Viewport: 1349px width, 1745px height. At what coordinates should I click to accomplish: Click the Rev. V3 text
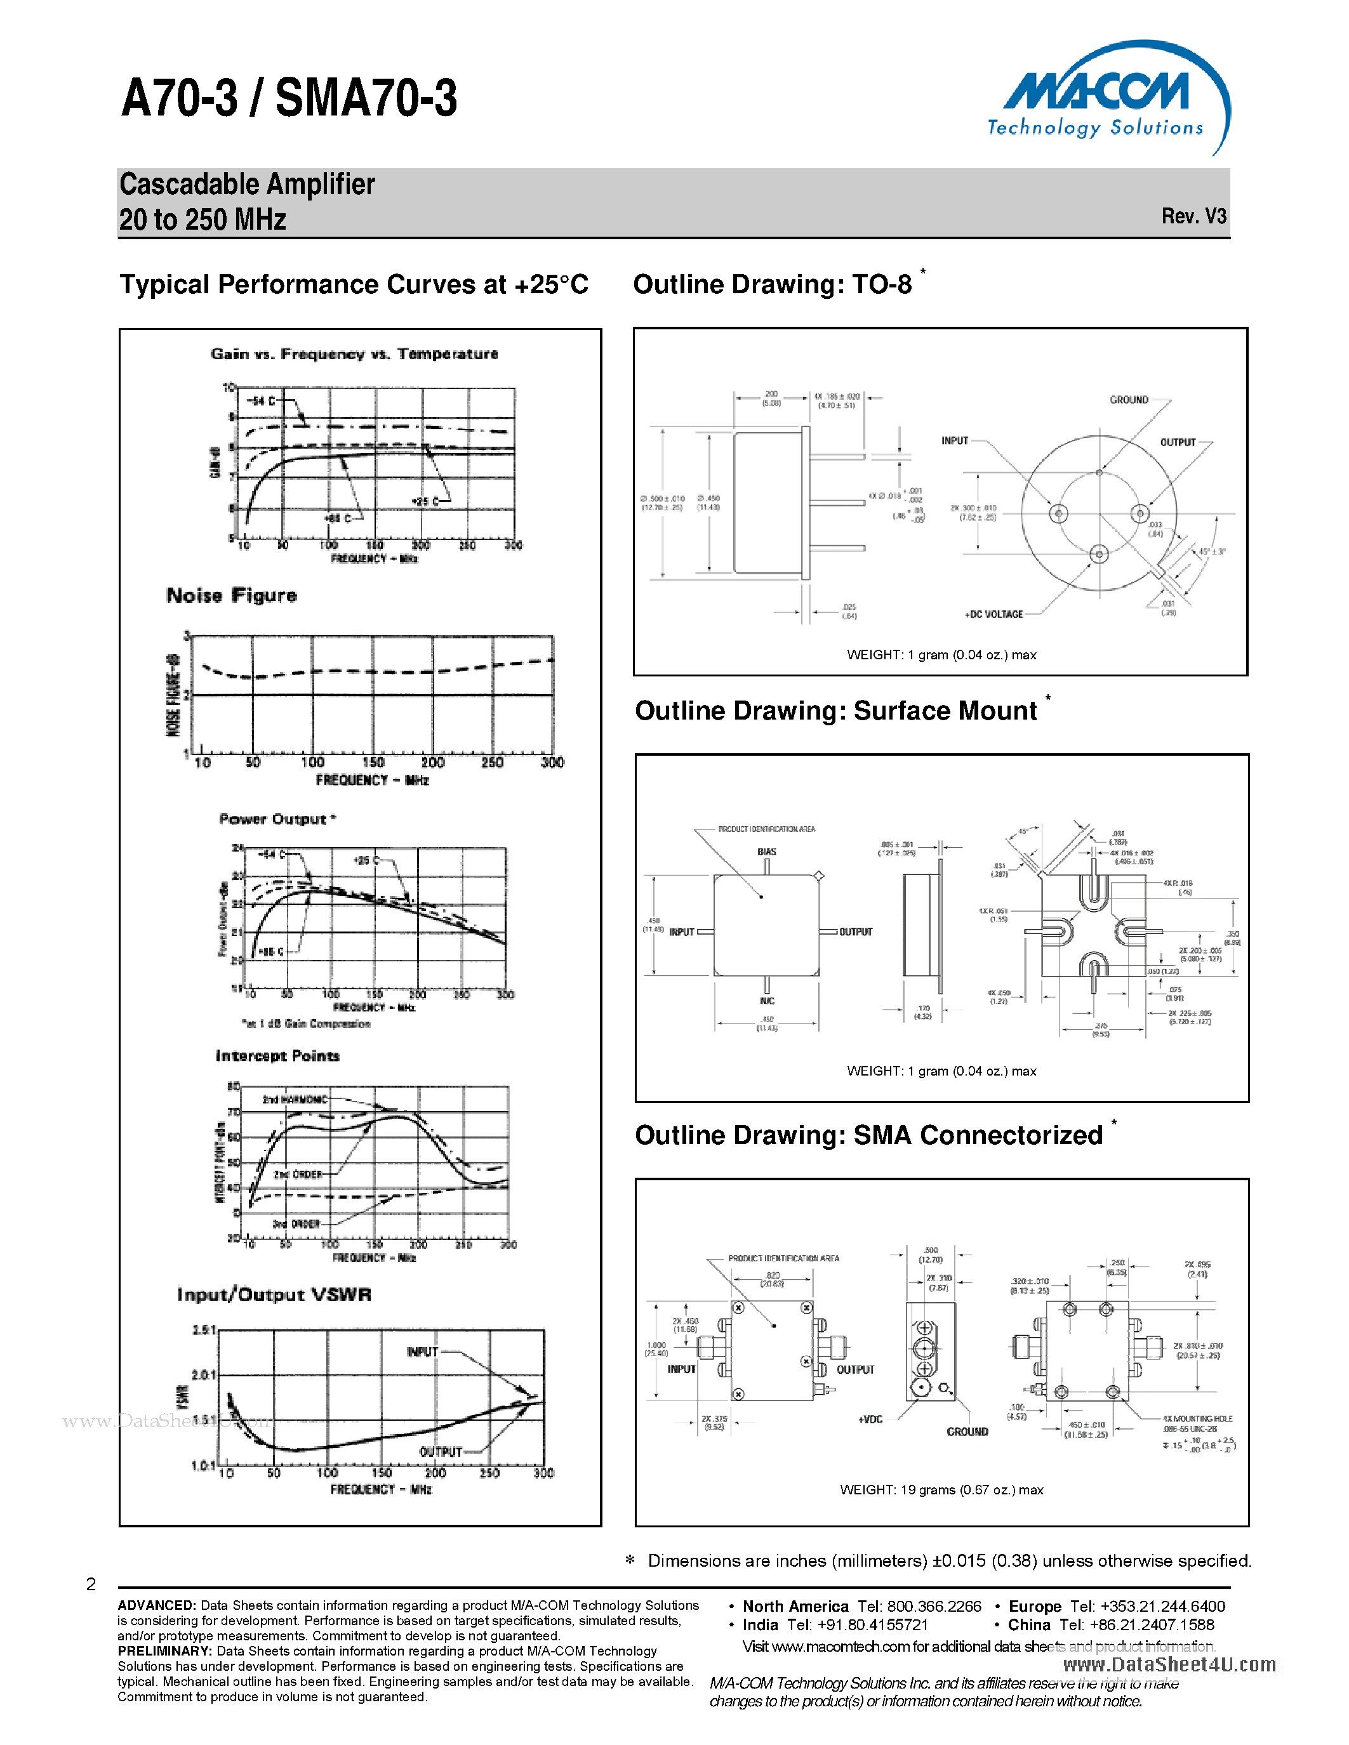1193,216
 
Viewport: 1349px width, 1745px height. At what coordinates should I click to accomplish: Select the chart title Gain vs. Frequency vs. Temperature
354,354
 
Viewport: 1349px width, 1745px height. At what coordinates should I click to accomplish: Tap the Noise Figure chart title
232,595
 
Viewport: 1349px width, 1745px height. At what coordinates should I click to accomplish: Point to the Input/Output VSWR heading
274,1294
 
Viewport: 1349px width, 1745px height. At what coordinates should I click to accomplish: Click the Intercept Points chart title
277,1057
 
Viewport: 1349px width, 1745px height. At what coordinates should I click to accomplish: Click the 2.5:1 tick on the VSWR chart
204,1329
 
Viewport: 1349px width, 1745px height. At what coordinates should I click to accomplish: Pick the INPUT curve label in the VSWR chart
422,1352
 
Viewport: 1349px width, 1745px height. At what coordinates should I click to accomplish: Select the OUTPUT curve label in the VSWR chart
441,1452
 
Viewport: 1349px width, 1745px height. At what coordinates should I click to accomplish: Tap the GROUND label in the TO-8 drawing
1129,400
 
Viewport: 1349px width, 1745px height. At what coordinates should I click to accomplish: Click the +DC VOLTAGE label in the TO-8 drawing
993,614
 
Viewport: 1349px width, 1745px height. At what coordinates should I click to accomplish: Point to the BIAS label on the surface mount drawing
766,852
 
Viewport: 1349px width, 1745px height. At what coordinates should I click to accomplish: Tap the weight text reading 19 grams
941,1490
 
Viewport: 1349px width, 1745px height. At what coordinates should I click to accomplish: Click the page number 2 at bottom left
91,1584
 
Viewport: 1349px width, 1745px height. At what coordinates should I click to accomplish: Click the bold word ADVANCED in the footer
157,1605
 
